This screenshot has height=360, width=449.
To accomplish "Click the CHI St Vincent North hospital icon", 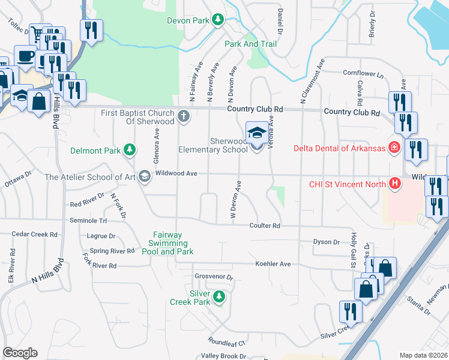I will pos(394,184).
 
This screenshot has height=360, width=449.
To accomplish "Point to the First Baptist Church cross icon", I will pos(184,115).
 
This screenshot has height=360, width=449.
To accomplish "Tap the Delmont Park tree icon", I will pos(128,149).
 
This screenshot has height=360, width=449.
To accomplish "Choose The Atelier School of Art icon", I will pos(144,176).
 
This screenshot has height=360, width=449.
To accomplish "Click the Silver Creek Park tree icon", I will pos(219,296).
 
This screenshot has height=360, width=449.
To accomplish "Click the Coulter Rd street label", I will pos(265,226).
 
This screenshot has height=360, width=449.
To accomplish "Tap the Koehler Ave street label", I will pos(273,263).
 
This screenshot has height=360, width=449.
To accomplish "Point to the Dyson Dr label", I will pos(327,242).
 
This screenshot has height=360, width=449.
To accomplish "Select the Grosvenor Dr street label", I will pos(213,278).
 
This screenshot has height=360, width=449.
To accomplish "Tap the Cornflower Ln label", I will pos(363,73).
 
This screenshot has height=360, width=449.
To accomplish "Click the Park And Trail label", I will pos(250,44).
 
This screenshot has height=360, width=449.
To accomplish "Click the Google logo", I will pos(20,353).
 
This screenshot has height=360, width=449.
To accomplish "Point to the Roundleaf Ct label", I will pos(228,343).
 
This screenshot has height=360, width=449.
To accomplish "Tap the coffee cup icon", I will pos(25,56).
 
